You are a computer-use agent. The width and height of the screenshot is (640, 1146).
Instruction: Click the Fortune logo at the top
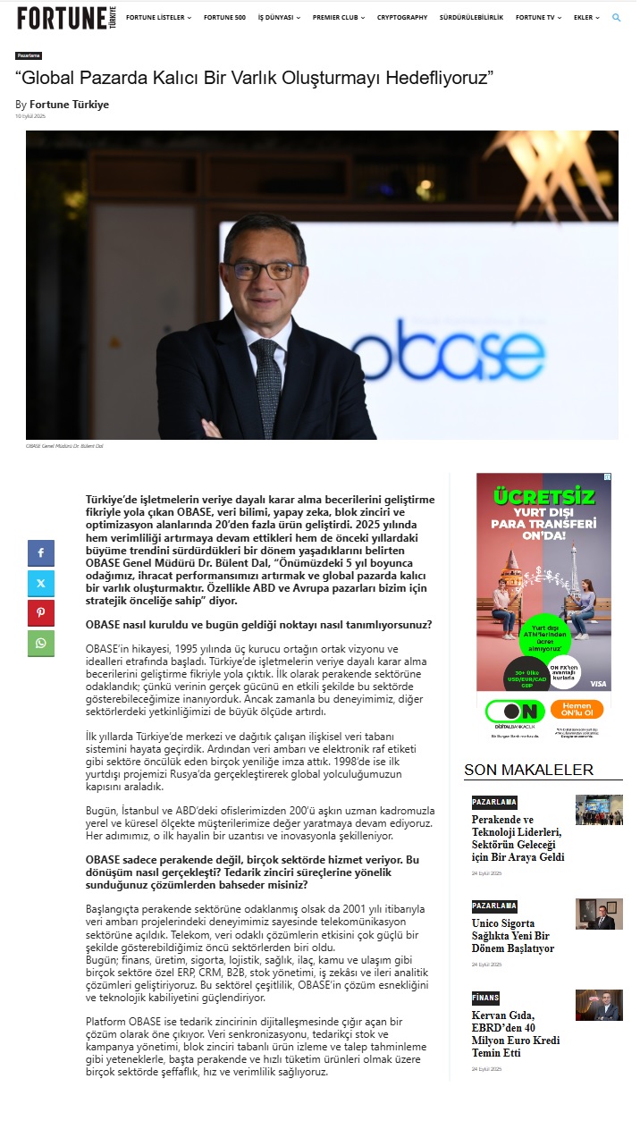pyautogui.click(x=67, y=17)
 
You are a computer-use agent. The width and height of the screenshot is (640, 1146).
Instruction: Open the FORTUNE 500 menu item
pyautogui.click(x=224, y=17)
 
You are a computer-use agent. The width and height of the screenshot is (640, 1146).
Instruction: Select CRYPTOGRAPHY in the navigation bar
pyautogui.click(x=401, y=17)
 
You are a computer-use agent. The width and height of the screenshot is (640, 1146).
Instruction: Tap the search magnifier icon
pyautogui.click(x=616, y=17)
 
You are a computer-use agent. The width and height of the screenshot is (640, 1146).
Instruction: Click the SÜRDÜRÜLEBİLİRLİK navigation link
pyautogui.click(x=471, y=17)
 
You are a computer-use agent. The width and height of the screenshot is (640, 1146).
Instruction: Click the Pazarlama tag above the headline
pyautogui.click(x=29, y=55)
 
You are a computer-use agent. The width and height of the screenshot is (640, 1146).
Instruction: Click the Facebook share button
pyautogui.click(x=41, y=553)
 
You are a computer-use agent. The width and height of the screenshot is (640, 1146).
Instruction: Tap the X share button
pyautogui.click(x=41, y=584)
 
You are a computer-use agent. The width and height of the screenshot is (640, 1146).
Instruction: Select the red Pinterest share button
pyautogui.click(x=41, y=613)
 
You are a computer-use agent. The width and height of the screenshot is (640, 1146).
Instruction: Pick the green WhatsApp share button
pyautogui.click(x=41, y=644)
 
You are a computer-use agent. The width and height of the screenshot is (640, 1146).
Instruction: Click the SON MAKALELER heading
pyautogui.click(x=528, y=770)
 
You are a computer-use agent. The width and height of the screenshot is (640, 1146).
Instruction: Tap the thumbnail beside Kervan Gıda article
pyautogui.click(x=599, y=1005)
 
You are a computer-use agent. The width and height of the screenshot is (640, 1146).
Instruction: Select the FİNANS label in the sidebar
pyautogui.click(x=485, y=998)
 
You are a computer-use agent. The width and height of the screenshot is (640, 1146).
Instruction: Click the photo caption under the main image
pyautogui.click(x=64, y=445)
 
